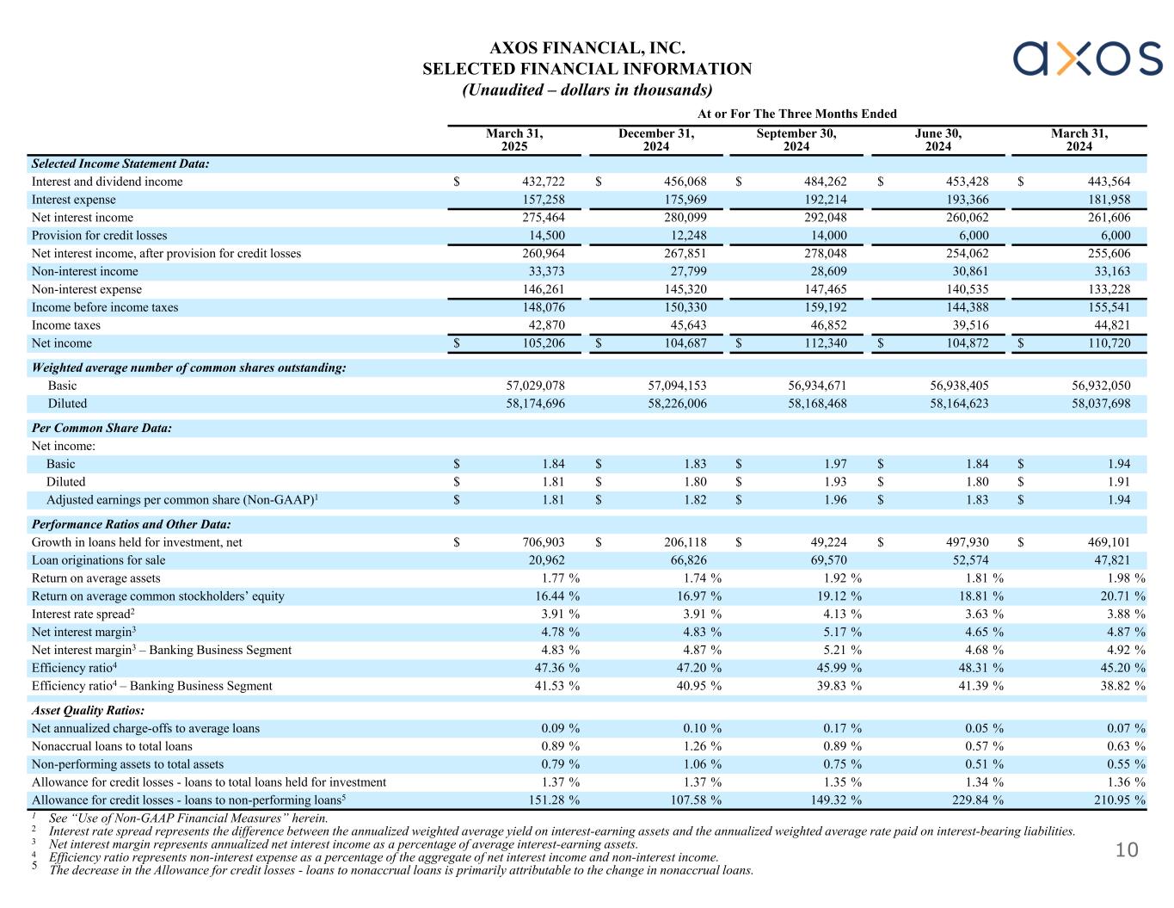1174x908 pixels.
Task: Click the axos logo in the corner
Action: [x=1087, y=59]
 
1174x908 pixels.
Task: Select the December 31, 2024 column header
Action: [x=655, y=140]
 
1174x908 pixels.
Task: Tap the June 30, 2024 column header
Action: [x=937, y=140]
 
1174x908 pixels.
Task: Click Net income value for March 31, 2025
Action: [x=540, y=343]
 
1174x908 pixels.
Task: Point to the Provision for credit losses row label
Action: [x=100, y=236]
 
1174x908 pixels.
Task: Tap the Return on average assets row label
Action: [x=95, y=578]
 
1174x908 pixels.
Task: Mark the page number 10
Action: [x=1127, y=851]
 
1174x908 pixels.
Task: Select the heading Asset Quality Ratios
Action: [x=88, y=711]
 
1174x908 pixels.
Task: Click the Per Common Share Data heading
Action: [x=101, y=428]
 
